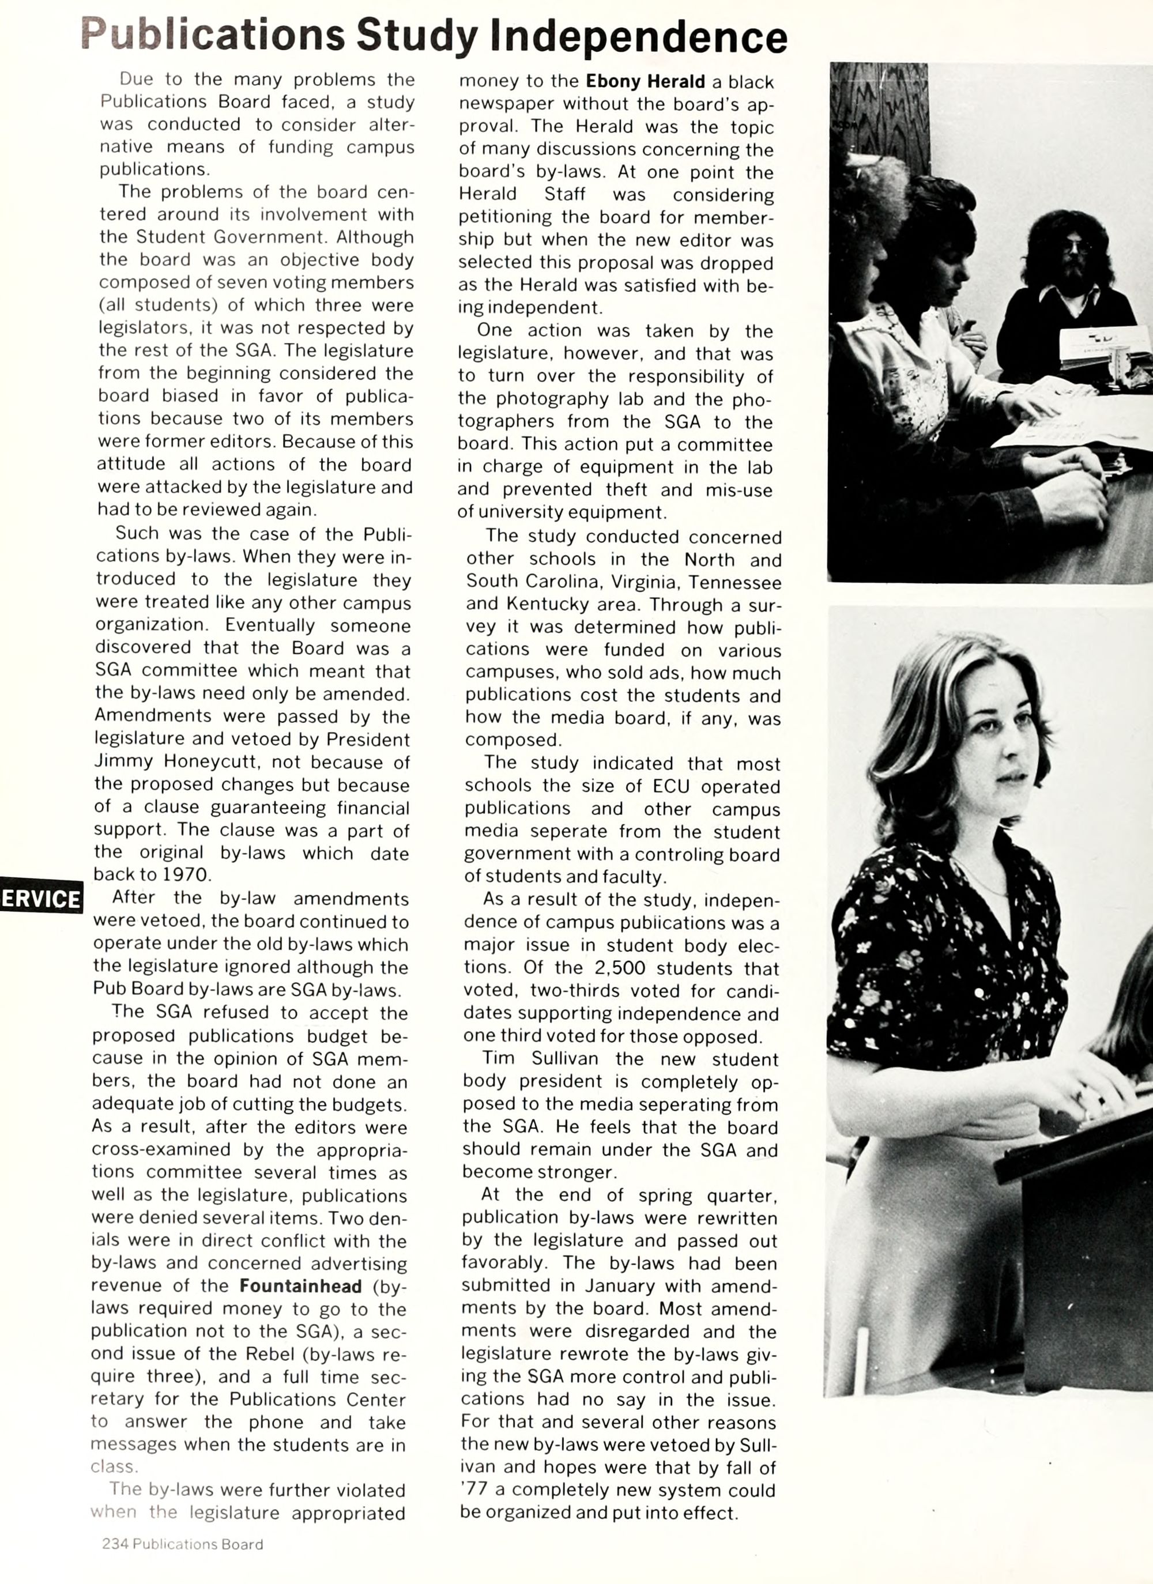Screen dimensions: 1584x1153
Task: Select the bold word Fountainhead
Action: click(x=300, y=1286)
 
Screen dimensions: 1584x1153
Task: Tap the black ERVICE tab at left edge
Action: click(x=40, y=898)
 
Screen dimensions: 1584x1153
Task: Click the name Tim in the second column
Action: click(x=499, y=1058)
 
